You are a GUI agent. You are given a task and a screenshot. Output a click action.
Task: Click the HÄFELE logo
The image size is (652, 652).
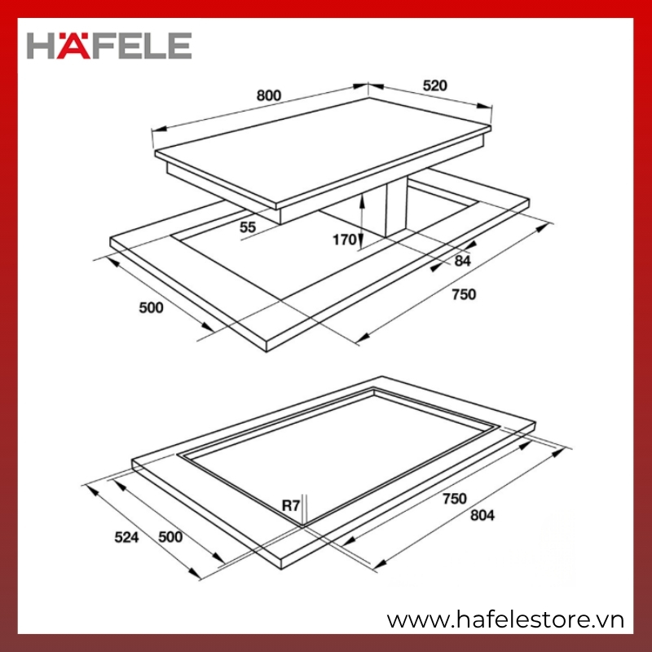point(109,46)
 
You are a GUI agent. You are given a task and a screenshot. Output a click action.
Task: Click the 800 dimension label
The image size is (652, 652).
point(269,95)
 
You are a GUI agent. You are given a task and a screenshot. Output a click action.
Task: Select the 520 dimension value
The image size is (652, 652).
point(435,86)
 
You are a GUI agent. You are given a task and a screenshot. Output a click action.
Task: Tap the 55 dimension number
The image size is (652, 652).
point(248,227)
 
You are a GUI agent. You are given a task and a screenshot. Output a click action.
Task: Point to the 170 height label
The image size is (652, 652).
point(344,240)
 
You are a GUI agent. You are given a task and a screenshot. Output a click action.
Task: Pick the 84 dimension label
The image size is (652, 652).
point(462,261)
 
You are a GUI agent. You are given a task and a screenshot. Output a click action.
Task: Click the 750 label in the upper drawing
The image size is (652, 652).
point(464,294)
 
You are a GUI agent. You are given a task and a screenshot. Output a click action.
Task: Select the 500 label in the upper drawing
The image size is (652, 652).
point(151,308)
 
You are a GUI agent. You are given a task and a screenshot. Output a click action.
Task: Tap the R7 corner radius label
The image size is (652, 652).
point(291,505)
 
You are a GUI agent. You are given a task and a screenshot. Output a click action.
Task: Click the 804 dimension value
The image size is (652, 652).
point(482,515)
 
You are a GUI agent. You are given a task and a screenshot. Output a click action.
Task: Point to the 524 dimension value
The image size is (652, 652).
point(126,537)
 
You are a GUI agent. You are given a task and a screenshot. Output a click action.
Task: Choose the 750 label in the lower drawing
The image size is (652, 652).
point(455,498)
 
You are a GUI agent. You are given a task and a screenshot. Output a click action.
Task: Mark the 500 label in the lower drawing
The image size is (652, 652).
point(170,537)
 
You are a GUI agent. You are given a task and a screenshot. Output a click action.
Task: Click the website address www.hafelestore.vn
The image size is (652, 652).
point(505,620)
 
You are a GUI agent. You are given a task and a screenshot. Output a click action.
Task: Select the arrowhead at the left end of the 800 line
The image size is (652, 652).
point(159,130)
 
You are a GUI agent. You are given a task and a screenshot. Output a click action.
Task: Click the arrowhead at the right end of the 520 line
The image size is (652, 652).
point(485,106)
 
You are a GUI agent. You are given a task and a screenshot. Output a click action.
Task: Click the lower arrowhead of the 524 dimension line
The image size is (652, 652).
point(194,573)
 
